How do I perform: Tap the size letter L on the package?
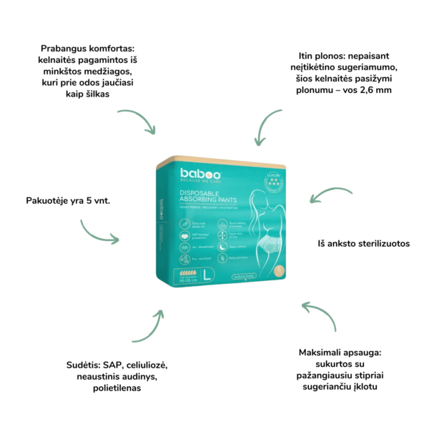click(x=207, y=273)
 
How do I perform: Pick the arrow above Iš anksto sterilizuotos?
click(x=330, y=197)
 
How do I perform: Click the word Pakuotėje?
click(x=50, y=201)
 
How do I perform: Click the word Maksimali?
click(x=322, y=352)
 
